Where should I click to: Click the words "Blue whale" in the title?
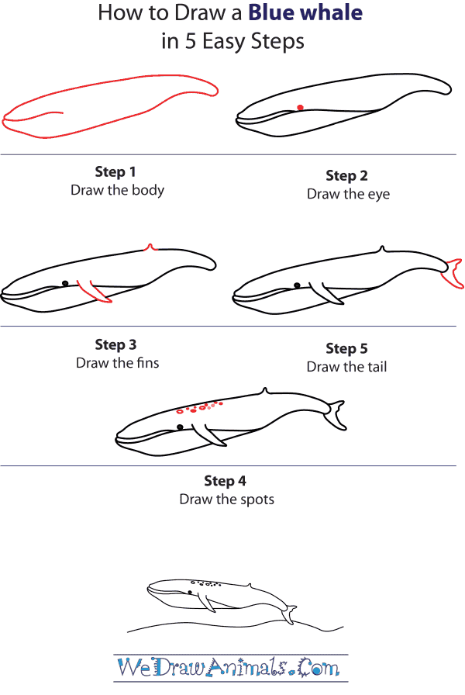click(x=305, y=13)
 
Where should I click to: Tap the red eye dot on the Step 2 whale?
click(x=300, y=108)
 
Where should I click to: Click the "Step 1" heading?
click(x=115, y=171)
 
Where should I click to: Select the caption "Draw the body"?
click(x=117, y=190)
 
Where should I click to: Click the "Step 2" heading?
click(x=346, y=176)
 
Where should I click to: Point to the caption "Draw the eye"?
click(x=348, y=195)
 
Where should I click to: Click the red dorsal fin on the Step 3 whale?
click(x=150, y=247)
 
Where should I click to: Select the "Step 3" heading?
click(x=115, y=344)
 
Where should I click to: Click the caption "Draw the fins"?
click(x=117, y=363)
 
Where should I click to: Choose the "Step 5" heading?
click(x=346, y=348)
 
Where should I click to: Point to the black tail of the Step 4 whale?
click(x=336, y=415)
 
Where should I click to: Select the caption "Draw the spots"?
click(x=226, y=500)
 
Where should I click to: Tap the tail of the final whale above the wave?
click(x=289, y=614)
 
